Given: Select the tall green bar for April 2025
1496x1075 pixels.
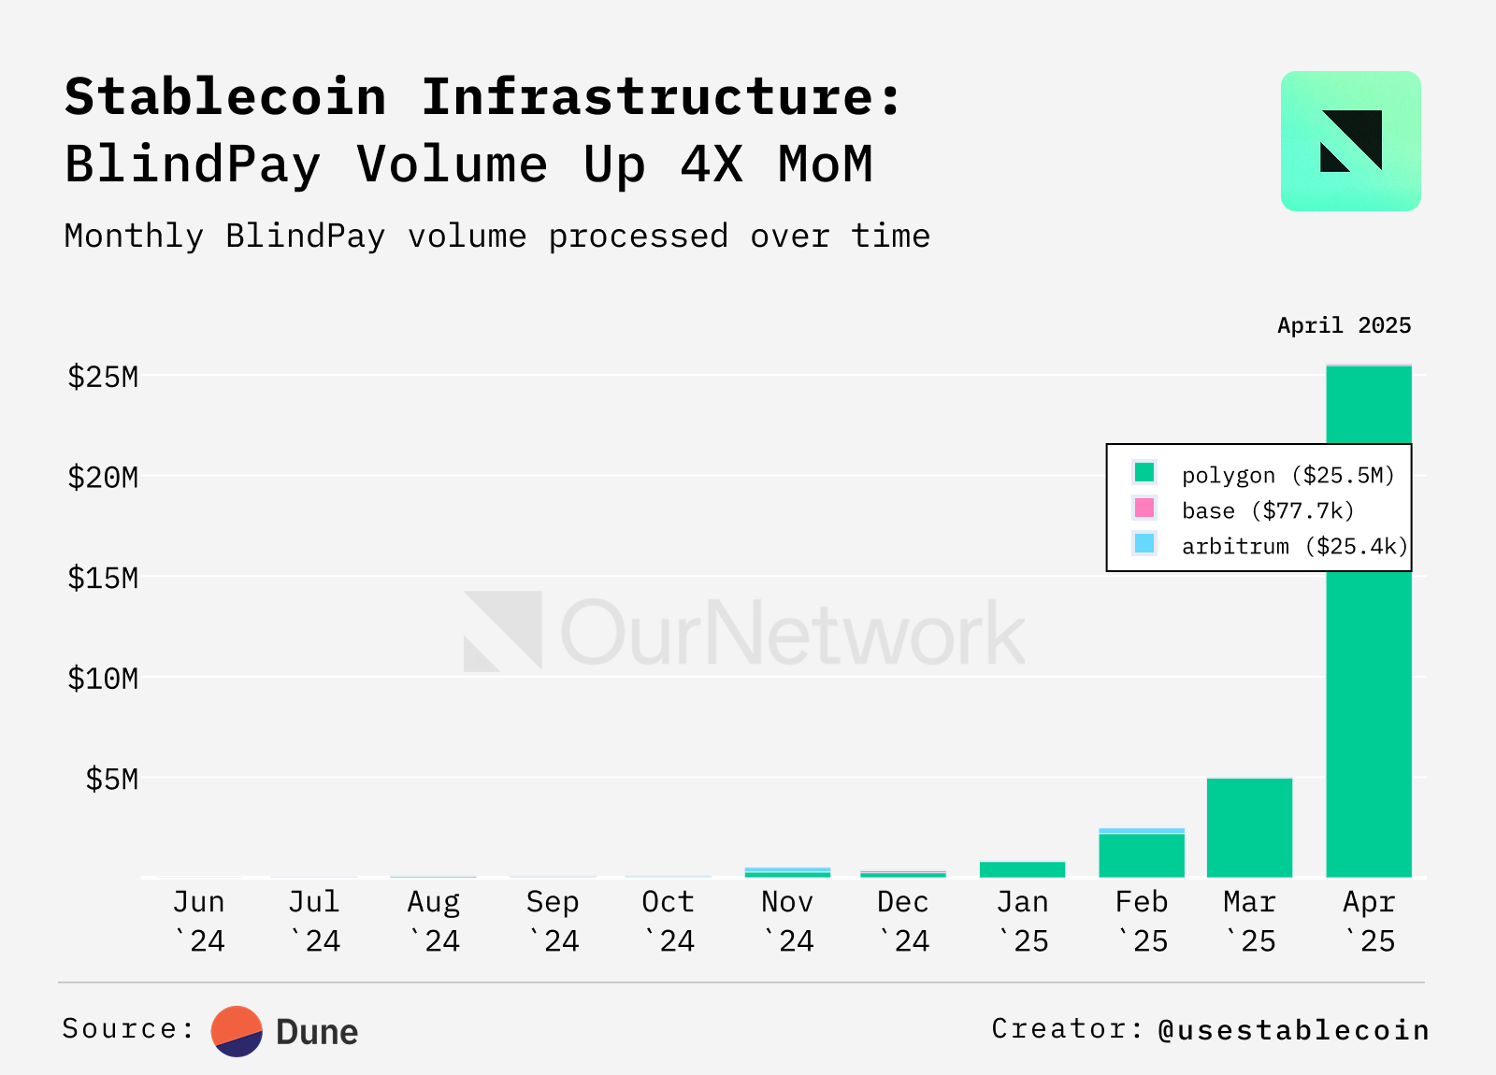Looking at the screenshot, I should click(1369, 710).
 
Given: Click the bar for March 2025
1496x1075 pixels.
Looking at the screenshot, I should click(1249, 827).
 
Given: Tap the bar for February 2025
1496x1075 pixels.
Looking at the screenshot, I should click(1142, 854).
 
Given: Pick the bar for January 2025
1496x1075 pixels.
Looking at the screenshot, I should click(1022, 869).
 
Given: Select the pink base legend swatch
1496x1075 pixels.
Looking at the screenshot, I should click(1144, 509).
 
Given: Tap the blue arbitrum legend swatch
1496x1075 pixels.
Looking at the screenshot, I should click(1144, 543).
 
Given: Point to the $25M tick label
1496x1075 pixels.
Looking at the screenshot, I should click(103, 377).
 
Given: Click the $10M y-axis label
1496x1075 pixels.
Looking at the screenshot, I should click(103, 679).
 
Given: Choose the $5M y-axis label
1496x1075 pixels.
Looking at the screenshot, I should click(112, 779).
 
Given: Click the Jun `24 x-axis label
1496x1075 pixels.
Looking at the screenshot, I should click(199, 921).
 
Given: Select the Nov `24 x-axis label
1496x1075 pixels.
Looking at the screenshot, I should click(787, 921).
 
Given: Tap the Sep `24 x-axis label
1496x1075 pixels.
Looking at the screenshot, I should click(553, 921).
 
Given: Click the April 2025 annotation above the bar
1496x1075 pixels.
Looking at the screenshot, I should click(1344, 325).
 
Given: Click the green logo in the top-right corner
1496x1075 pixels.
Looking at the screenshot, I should click(1350, 141).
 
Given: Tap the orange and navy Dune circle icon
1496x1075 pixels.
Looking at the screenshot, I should click(237, 1031).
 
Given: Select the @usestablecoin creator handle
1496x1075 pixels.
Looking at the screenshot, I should click(1293, 1029).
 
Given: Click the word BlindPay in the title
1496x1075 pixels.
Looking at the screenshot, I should click(193, 165).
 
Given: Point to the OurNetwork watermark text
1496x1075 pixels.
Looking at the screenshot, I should click(792, 634).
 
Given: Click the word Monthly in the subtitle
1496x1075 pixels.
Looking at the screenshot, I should click(134, 236).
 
